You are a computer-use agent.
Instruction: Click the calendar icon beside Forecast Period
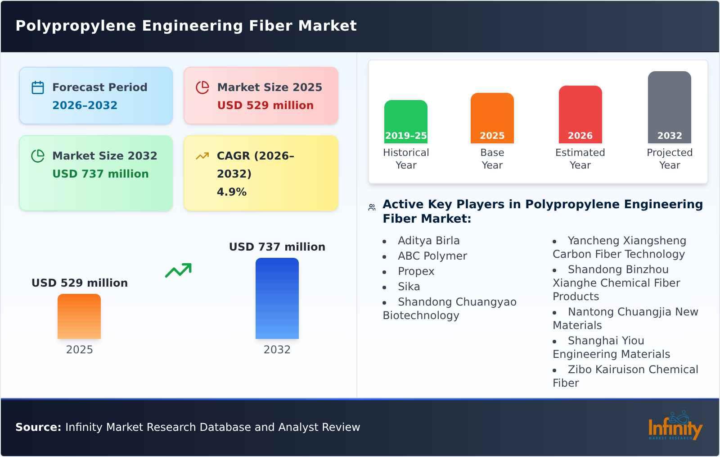(x=38, y=87)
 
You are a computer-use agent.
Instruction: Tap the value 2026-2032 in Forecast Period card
(x=85, y=105)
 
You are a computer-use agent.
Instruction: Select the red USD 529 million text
(x=265, y=105)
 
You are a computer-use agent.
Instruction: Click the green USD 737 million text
(x=100, y=174)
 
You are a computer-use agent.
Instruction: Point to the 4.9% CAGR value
(x=231, y=192)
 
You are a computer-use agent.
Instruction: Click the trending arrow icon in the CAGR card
(x=202, y=156)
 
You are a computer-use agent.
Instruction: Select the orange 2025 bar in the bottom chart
(x=79, y=316)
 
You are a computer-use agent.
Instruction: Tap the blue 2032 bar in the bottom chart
(x=277, y=298)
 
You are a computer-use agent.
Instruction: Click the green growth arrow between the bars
(x=178, y=270)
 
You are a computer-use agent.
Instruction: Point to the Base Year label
(x=492, y=159)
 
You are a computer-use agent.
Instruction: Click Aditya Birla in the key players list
(x=428, y=241)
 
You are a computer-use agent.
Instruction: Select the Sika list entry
(x=409, y=287)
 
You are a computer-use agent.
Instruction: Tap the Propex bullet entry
(x=416, y=271)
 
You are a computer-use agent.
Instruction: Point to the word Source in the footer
(x=38, y=427)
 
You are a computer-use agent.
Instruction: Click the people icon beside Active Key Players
(x=372, y=207)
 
